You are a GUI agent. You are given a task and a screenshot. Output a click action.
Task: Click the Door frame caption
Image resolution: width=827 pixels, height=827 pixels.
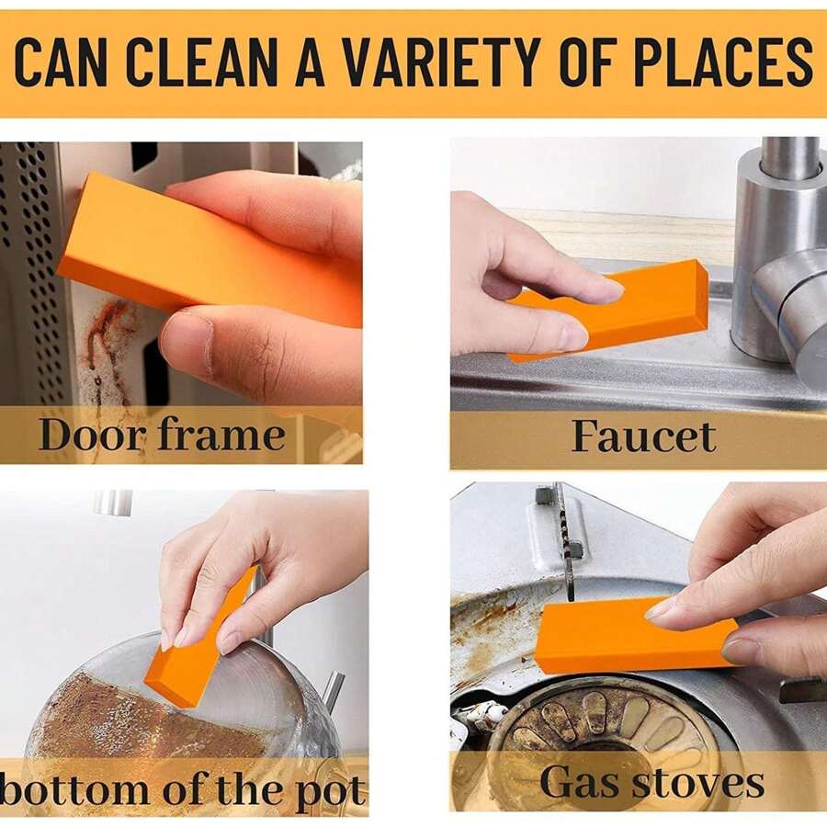click(x=162, y=435)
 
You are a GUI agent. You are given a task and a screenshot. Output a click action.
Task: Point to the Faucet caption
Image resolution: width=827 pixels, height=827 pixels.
click(x=643, y=437)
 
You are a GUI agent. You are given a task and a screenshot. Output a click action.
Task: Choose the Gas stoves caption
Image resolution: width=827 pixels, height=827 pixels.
click(x=651, y=782)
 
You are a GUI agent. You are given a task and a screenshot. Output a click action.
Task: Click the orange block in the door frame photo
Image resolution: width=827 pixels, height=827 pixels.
click(x=184, y=244)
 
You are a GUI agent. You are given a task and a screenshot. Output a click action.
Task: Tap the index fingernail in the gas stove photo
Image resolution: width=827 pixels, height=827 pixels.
click(x=661, y=607)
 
